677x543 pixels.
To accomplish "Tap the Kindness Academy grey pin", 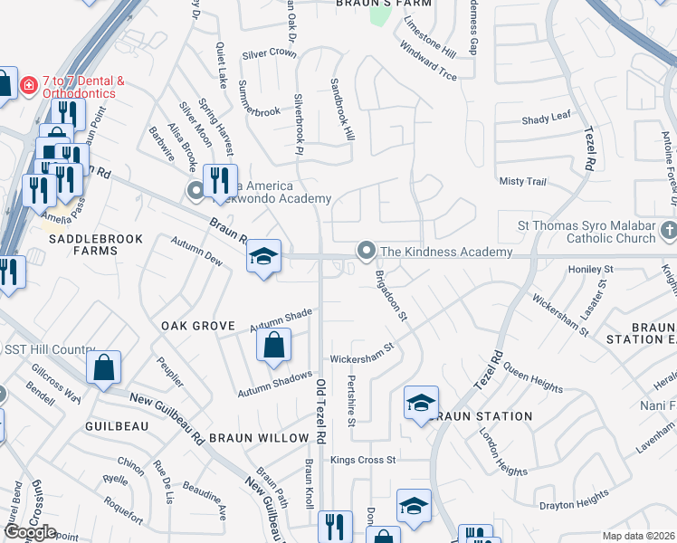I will coord(366,250).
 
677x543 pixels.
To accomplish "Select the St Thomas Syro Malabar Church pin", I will coord(669,230).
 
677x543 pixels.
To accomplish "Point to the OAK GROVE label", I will coord(197,325).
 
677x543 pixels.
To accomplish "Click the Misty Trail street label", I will coord(522,181).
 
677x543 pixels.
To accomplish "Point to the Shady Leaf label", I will coord(546,119).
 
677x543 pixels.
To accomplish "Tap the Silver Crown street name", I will coord(270,53).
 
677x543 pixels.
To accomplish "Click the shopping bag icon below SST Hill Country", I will coord(104,367).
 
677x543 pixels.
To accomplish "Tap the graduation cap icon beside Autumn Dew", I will coord(263,257).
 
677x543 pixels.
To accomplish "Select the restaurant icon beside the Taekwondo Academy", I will coord(219,181).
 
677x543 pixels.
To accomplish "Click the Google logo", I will coord(30,533).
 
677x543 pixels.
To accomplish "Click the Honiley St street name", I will coord(590,270).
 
